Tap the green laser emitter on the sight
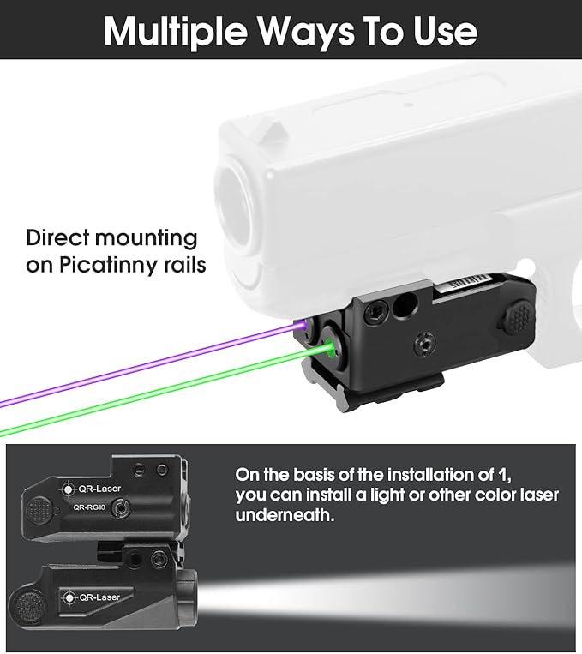tap(330, 348)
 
